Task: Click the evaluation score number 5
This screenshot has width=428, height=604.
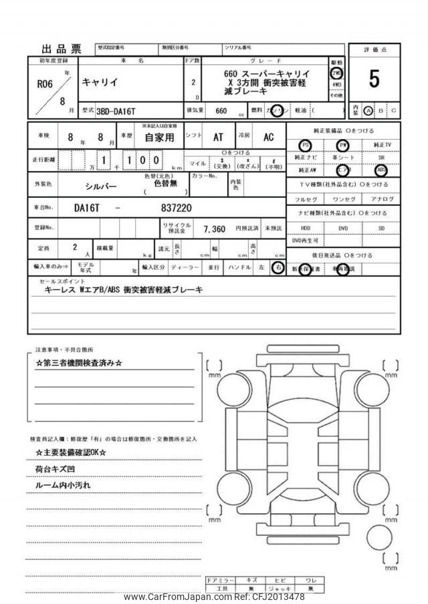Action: (374, 80)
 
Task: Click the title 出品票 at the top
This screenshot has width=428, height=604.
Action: (62, 49)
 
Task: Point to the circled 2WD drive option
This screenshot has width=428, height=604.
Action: (336, 73)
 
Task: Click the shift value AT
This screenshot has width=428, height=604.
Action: (218, 137)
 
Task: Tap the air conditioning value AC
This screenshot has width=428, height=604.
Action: (268, 137)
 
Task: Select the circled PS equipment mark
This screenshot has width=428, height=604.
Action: (305, 145)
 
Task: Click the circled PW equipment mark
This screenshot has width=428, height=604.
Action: (343, 145)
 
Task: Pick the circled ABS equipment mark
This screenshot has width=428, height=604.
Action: (381, 170)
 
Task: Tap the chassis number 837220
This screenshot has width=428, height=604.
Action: (177, 208)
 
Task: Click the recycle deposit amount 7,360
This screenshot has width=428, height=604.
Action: (214, 229)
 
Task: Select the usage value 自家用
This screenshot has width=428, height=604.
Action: (160, 138)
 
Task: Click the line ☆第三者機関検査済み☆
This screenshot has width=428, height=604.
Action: (79, 363)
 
